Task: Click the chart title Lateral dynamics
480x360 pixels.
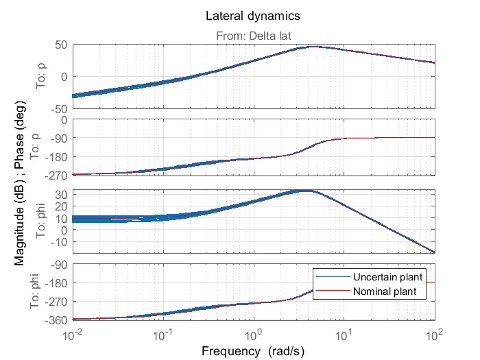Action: (252, 15)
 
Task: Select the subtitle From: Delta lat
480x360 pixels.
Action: (252, 36)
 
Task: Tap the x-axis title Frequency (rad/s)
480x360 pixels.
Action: (252, 350)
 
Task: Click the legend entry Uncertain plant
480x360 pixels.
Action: (387, 277)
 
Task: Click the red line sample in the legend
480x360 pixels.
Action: (332, 291)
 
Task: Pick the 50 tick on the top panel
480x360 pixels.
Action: (60, 45)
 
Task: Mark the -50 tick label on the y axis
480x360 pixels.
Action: (56, 108)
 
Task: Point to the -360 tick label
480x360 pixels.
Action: (53, 320)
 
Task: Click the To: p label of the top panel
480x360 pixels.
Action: (40, 77)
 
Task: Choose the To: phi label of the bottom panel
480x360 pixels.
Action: (40, 291)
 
